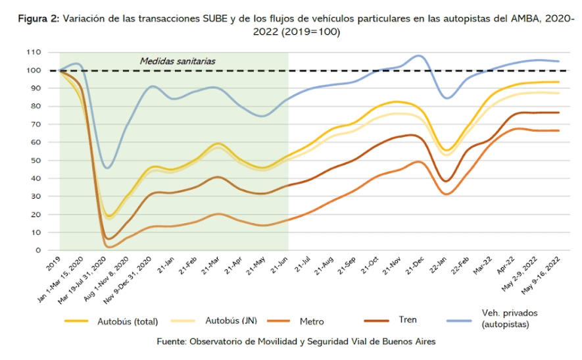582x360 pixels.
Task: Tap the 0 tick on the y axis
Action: pyautogui.click(x=39, y=250)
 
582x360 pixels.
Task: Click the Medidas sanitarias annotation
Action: pyautogui.click(x=178, y=61)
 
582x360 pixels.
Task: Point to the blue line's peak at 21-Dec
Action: pyautogui.click(x=419, y=56)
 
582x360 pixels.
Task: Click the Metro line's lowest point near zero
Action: pyautogui.click(x=109, y=247)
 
